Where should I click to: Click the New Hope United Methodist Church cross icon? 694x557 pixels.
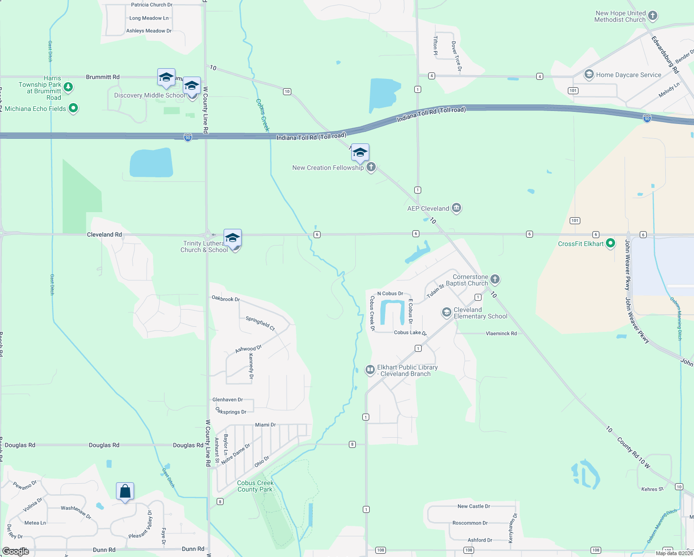click(x=652, y=16)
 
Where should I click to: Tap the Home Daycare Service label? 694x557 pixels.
click(x=629, y=75)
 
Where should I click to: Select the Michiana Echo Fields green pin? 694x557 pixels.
click(x=73, y=109)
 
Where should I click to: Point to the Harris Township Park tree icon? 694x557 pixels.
click(x=68, y=87)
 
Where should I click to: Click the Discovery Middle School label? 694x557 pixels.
click(x=149, y=96)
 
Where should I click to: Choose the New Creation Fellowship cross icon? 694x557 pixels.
click(x=371, y=167)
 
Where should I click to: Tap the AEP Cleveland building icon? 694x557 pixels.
click(x=456, y=208)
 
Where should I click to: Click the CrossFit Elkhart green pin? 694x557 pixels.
click(x=610, y=243)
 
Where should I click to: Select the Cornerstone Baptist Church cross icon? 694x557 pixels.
click(x=495, y=279)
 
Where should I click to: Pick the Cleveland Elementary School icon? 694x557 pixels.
click(x=447, y=312)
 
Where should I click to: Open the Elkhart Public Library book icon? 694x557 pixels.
click(x=370, y=370)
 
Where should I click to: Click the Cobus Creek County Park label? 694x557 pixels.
click(x=255, y=486)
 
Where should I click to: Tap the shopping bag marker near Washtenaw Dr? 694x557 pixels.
click(x=125, y=491)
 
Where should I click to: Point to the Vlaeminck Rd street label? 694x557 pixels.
click(x=501, y=333)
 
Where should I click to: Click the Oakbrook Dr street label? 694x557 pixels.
click(x=225, y=298)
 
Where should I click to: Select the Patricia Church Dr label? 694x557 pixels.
click(x=152, y=5)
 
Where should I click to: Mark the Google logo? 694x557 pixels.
click(x=16, y=551)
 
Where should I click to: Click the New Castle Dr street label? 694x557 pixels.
click(x=474, y=506)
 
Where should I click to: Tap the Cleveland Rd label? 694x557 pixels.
click(x=104, y=234)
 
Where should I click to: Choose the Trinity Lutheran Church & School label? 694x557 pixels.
click(x=204, y=246)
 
